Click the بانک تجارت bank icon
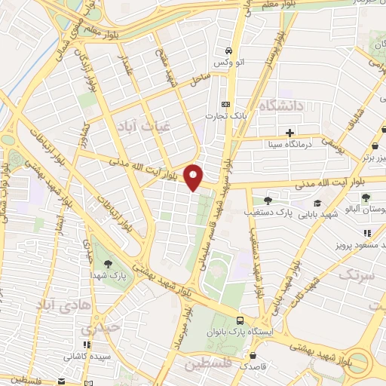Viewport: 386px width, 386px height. (x=225, y=105)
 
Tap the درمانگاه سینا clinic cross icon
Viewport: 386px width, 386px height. (x=290, y=132)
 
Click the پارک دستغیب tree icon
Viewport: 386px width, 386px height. (x=268, y=201)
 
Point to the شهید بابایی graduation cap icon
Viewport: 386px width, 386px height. (x=317, y=204)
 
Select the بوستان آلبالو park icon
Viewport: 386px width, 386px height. (x=365, y=198)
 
